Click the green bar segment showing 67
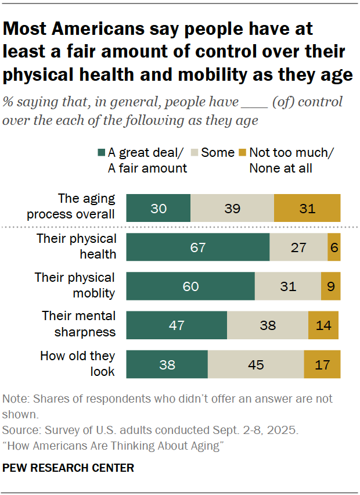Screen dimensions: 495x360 198,247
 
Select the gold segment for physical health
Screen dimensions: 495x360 334,247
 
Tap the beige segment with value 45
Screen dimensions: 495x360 255,365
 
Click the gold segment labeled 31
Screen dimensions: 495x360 307,208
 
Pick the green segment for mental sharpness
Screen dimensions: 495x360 177,325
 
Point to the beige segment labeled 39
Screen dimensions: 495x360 232,208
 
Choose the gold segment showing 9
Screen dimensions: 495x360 330,286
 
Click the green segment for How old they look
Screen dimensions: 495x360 167,365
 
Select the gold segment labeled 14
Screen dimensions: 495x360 323,325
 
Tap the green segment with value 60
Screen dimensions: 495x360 190,286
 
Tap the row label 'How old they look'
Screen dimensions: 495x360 77,363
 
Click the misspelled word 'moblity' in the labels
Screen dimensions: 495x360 95,293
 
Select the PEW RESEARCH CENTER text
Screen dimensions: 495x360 69,468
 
